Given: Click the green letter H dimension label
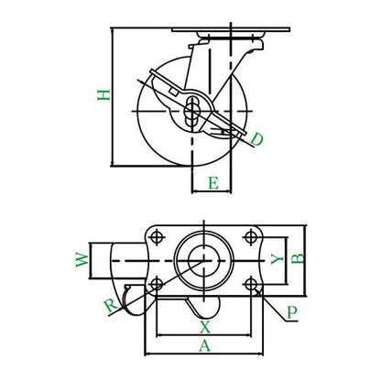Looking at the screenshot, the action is [x=103, y=95].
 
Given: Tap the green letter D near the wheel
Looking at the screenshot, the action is [x=256, y=139].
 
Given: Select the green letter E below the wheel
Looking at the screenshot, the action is [x=213, y=183].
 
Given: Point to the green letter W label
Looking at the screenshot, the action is [x=82, y=260].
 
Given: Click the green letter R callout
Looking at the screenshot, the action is [x=111, y=306].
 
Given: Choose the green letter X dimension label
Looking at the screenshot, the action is [x=205, y=327].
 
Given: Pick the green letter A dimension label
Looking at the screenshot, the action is [x=205, y=346].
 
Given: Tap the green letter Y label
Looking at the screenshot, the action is [x=278, y=260].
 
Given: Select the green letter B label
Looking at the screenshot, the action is [x=298, y=258].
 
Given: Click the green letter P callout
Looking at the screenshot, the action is [x=292, y=312].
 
